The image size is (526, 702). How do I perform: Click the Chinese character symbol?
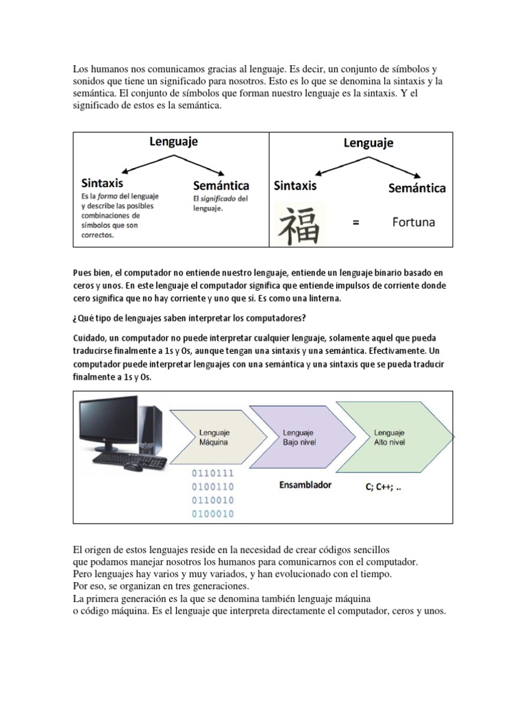pyautogui.click(x=299, y=224)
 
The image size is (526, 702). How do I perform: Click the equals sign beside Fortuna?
pyautogui.click(x=355, y=223)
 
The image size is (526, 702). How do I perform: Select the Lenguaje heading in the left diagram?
pyautogui.click(x=174, y=141)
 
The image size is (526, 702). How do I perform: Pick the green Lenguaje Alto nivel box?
pyautogui.click(x=389, y=437)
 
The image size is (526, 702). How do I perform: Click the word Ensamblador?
pyautogui.click(x=305, y=485)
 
